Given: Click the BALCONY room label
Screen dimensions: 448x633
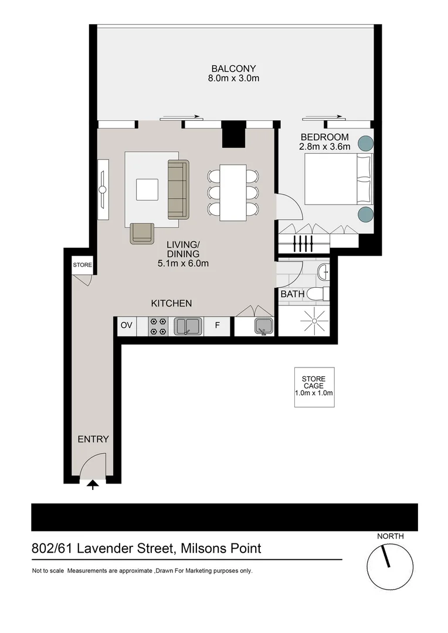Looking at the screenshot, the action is click(x=233, y=69).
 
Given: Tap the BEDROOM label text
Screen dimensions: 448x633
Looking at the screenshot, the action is click(x=324, y=137).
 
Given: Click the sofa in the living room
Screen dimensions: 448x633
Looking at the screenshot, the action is click(x=178, y=189).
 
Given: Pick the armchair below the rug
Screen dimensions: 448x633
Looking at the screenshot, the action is click(x=142, y=233).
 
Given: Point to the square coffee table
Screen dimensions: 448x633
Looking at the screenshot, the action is click(x=147, y=189).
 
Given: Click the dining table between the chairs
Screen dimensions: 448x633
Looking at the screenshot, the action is click(x=233, y=193).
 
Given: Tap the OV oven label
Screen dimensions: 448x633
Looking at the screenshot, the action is click(x=127, y=325).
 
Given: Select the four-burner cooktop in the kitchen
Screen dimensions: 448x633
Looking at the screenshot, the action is click(x=158, y=326).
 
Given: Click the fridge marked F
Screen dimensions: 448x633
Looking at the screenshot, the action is click(x=217, y=325).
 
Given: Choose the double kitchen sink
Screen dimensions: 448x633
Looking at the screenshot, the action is click(x=188, y=326).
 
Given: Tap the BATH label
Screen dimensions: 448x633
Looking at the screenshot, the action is click(x=293, y=294).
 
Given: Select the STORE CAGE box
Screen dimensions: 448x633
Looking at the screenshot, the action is click(x=314, y=387).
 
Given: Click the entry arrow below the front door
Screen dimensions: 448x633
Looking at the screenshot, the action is click(x=93, y=485).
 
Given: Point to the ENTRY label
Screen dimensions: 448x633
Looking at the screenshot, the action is click(x=93, y=439).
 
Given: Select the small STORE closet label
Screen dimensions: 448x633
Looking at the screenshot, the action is click(x=83, y=266).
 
